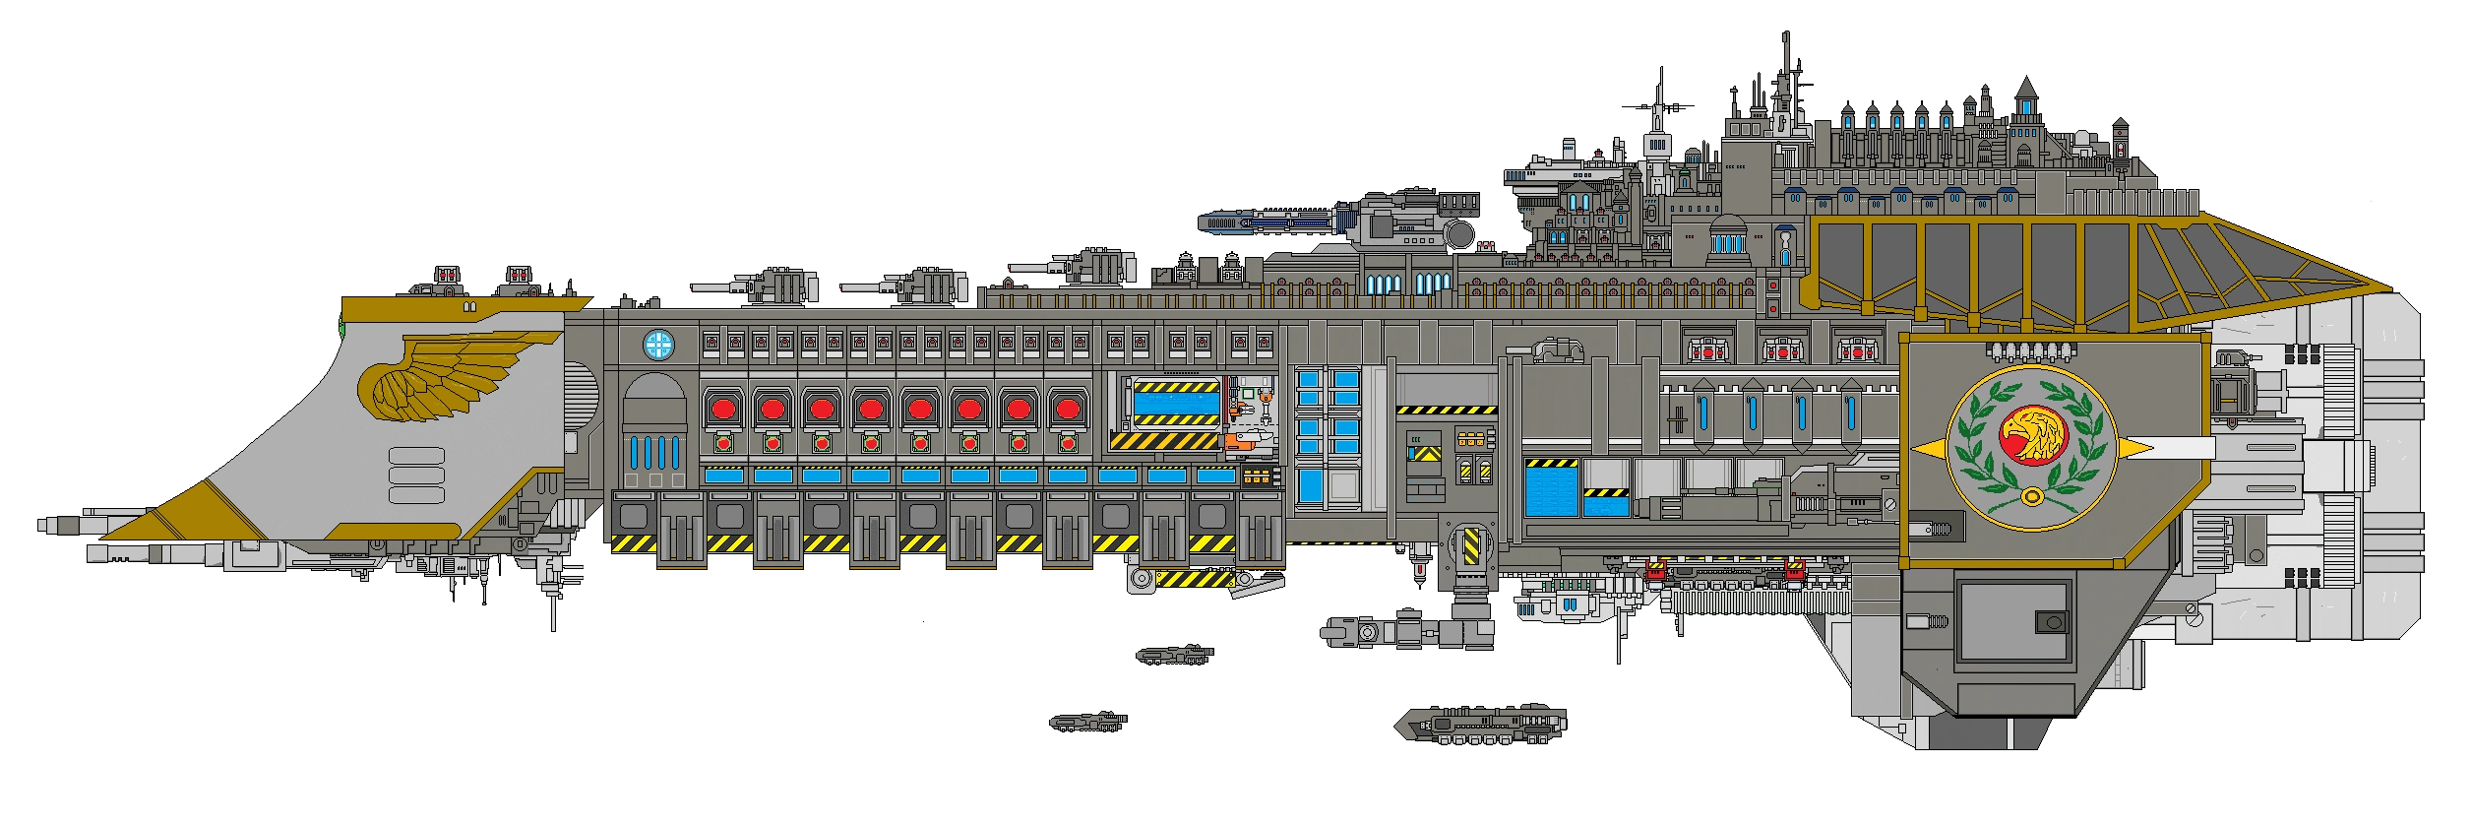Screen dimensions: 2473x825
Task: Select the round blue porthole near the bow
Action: click(658, 345)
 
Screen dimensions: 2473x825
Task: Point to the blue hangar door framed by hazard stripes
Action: click(1175, 403)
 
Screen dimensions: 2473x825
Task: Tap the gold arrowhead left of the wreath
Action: click(1930, 449)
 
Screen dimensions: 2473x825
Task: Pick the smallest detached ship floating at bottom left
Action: click(1086, 722)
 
